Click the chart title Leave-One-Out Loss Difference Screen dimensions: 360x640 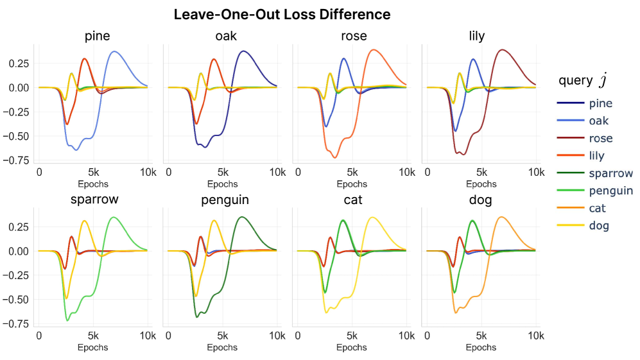282,14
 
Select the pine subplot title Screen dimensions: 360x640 97,37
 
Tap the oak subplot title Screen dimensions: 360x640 225,37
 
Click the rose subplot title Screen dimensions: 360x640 354,37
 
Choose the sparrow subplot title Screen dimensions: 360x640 94,200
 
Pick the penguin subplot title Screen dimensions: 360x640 225,200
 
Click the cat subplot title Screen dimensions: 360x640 353,200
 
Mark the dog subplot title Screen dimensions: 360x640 480,200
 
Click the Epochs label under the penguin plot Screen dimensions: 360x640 222,348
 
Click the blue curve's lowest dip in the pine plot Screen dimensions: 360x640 76,150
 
